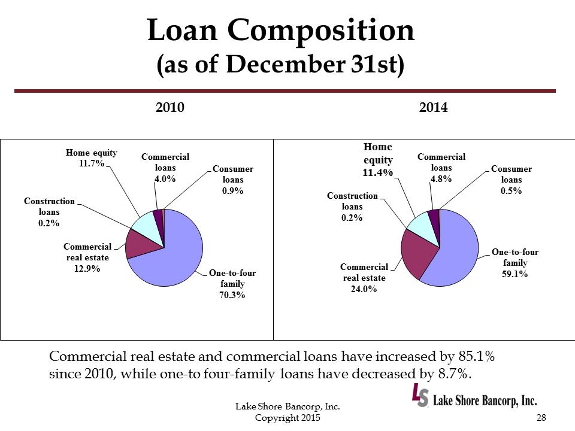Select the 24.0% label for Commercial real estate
364,289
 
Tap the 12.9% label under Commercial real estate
87,268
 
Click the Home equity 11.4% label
378,173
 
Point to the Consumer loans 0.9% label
232,191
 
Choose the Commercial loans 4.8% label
441,178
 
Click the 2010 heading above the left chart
170,108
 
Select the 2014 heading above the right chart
434,108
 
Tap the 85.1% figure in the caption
473,356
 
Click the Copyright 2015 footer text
287,417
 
